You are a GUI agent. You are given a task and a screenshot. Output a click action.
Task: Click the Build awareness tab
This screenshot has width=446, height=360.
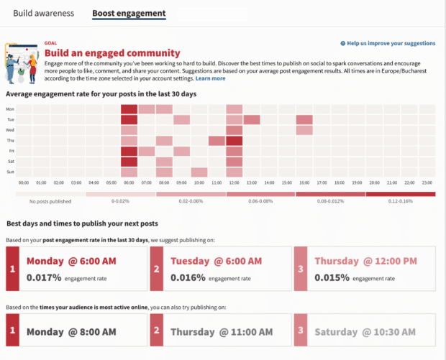click(x=42, y=13)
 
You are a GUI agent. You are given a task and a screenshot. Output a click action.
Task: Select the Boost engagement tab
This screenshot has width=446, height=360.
click(x=129, y=13)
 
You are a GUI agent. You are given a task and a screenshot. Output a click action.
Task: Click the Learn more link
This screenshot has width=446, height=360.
click(x=210, y=78)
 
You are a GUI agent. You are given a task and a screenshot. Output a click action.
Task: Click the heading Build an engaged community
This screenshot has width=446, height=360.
click(x=112, y=52)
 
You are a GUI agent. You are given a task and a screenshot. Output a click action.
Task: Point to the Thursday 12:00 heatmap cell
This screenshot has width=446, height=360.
click(x=235, y=141)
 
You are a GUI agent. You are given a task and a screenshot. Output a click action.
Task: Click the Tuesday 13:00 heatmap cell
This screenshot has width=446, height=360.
click(x=252, y=120)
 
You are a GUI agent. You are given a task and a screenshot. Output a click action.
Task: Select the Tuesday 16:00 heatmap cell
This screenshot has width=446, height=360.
click(x=304, y=120)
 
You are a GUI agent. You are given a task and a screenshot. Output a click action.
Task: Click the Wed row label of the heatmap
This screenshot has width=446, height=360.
click(x=10, y=130)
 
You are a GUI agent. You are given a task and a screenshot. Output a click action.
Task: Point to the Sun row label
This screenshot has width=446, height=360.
click(x=10, y=172)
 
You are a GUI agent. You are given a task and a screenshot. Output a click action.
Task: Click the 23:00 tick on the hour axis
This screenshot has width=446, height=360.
click(x=427, y=183)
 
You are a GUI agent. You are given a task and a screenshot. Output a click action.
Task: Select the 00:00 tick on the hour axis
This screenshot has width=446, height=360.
click(x=24, y=183)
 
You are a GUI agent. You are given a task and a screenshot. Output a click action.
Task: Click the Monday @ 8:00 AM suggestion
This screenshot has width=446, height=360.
click(x=71, y=332)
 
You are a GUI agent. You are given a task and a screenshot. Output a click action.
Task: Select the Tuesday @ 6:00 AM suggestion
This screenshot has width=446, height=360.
click(x=216, y=261)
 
